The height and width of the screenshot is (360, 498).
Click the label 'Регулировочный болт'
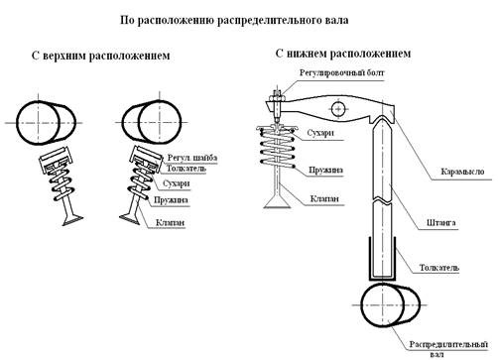[342, 72]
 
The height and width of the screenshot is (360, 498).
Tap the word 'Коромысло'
[462, 172]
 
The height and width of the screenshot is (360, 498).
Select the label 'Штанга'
[440, 222]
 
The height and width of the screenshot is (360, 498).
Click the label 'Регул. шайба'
[192, 158]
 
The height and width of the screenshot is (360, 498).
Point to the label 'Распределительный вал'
[448, 349]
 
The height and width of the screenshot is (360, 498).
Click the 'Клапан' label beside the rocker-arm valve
[324, 198]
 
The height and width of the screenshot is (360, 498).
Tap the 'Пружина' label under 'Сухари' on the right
[326, 171]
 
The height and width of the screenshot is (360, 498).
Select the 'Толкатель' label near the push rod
[439, 267]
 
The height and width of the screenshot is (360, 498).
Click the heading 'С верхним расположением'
[101, 56]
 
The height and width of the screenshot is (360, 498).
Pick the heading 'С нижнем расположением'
[343, 54]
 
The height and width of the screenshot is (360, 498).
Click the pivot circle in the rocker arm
[338, 109]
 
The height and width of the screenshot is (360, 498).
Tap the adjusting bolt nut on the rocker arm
[277, 98]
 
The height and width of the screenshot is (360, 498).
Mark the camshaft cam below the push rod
[390, 304]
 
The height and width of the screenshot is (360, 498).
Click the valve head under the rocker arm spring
[277, 203]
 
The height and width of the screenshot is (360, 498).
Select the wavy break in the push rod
[382, 200]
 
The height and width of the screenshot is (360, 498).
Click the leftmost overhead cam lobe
[47, 123]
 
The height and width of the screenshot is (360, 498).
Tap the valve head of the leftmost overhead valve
[72, 220]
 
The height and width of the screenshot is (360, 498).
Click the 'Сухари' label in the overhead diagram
[177, 183]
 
